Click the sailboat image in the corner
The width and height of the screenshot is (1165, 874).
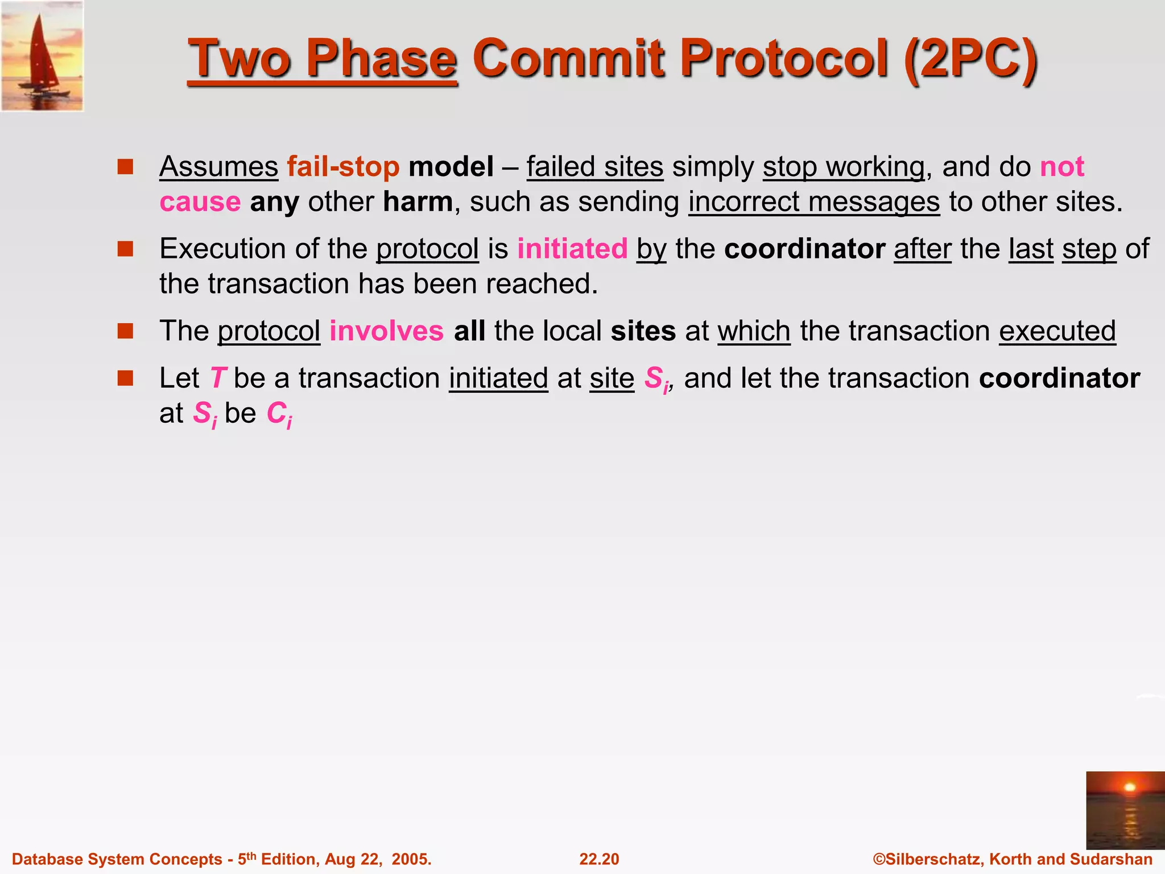pyautogui.click(x=43, y=56)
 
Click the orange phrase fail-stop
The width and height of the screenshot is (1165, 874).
pyautogui.click(x=343, y=167)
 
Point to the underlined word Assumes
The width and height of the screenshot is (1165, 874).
pyautogui.click(x=218, y=167)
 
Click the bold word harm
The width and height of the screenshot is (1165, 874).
pyautogui.click(x=418, y=201)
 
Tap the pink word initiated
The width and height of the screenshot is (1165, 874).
pyautogui.click(x=572, y=249)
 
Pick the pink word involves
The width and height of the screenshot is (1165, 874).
pyautogui.click(x=386, y=331)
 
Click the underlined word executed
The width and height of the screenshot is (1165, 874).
pyautogui.click(x=1057, y=331)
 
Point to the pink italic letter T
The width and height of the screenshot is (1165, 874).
pyautogui.click(x=218, y=378)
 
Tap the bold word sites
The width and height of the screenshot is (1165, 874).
pyautogui.click(x=643, y=331)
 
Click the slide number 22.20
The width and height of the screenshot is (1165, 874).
pyautogui.click(x=599, y=859)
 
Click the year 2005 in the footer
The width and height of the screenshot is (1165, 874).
pyautogui.click(x=411, y=859)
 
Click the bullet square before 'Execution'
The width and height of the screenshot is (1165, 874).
pyautogui.click(x=125, y=249)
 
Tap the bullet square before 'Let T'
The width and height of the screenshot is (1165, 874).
pyautogui.click(x=125, y=378)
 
